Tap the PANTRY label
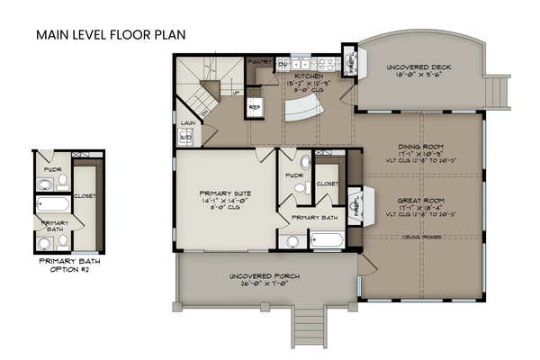point(260,62)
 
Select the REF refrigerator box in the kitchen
point(255,106)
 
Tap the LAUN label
point(187,122)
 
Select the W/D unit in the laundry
point(188,137)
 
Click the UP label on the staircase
point(236,92)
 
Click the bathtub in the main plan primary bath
point(326,241)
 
